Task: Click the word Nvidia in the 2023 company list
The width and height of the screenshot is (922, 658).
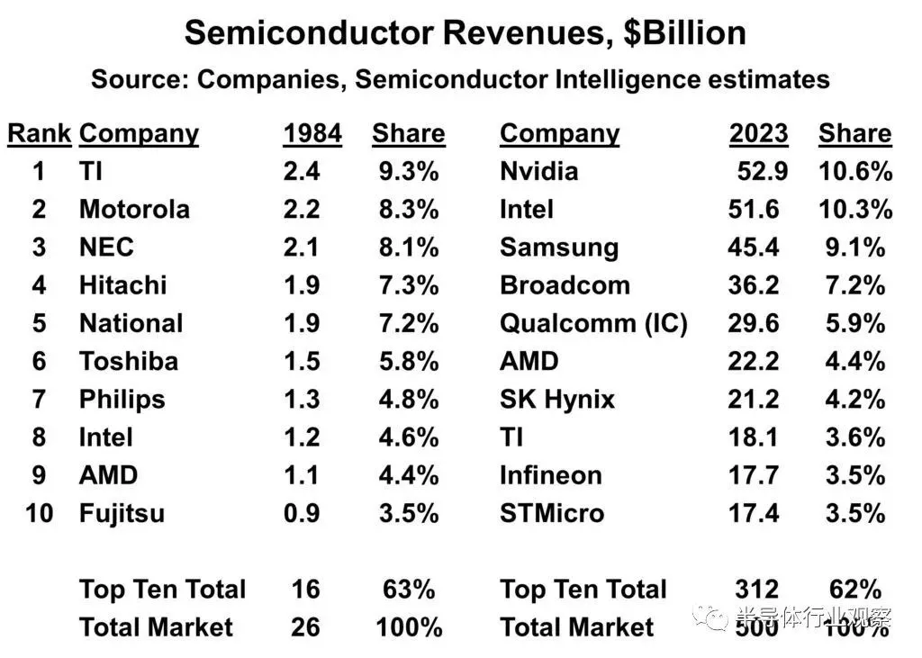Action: [538, 171]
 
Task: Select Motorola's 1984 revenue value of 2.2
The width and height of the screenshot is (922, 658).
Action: [302, 209]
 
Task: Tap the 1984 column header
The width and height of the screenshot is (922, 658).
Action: [312, 133]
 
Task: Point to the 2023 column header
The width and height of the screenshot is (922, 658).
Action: [758, 133]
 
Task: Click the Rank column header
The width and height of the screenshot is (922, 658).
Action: [39, 133]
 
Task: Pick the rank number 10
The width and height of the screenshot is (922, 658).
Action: [39, 513]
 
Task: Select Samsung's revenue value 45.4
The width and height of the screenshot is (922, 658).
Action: [758, 247]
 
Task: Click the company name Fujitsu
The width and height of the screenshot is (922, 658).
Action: [122, 513]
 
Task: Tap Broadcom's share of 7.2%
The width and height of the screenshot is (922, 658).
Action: [854, 285]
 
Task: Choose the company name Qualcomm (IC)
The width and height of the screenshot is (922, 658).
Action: [593, 323]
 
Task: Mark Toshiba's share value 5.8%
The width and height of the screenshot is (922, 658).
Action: [408, 361]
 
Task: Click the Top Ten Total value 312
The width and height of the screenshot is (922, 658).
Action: [756, 590]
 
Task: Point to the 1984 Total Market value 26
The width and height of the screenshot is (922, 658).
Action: [305, 626]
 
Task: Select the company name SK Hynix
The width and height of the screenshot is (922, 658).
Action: [557, 399]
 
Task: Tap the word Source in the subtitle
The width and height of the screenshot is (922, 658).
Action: [140, 79]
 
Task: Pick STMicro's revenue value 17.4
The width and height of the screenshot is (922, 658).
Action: [758, 513]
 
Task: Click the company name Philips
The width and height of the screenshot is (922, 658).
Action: [122, 399]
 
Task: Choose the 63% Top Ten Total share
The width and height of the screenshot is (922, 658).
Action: [408, 590]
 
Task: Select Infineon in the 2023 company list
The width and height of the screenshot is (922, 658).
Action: [550, 475]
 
